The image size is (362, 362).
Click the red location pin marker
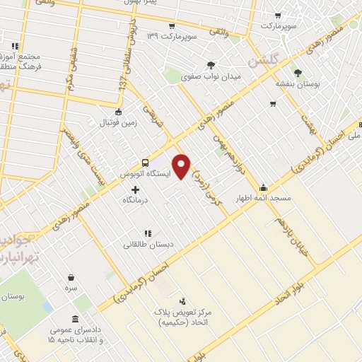(182, 165)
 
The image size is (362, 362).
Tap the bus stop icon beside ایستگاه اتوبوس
(145, 161)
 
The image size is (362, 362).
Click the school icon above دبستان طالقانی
(147, 233)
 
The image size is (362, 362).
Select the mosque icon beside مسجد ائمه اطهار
(264, 187)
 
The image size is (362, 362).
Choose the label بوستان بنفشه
(298, 83)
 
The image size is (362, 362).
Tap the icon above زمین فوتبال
(117, 111)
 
